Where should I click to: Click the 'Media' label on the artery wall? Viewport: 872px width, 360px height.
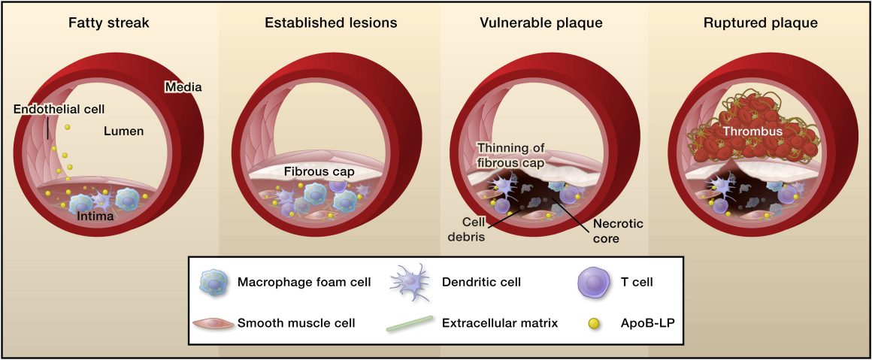click(x=183, y=87)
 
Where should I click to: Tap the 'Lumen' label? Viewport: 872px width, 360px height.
click(x=124, y=132)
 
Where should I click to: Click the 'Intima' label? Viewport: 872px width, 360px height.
click(x=97, y=216)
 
